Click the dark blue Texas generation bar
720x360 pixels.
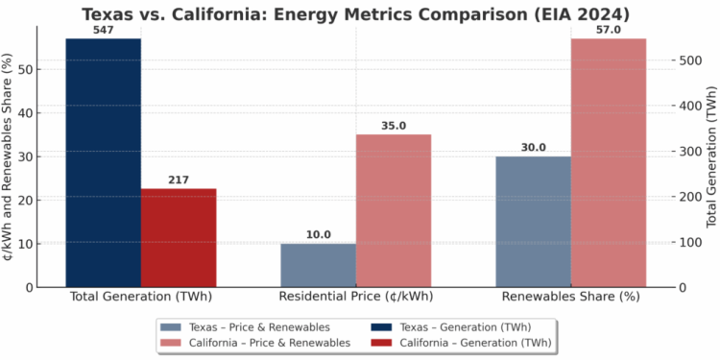click(x=103, y=162)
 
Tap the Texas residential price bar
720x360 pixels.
click(x=319, y=265)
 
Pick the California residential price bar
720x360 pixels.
click(x=394, y=210)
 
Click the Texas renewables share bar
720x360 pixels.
click(x=534, y=221)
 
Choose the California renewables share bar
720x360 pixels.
click(x=609, y=162)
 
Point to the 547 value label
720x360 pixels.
click(x=103, y=31)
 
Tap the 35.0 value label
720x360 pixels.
click(x=394, y=126)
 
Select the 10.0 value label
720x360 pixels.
click(x=319, y=234)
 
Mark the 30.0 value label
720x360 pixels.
click(x=534, y=147)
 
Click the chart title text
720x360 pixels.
click(x=360, y=13)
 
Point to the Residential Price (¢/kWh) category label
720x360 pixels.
click(x=355, y=298)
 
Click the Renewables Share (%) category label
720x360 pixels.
click(x=571, y=298)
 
